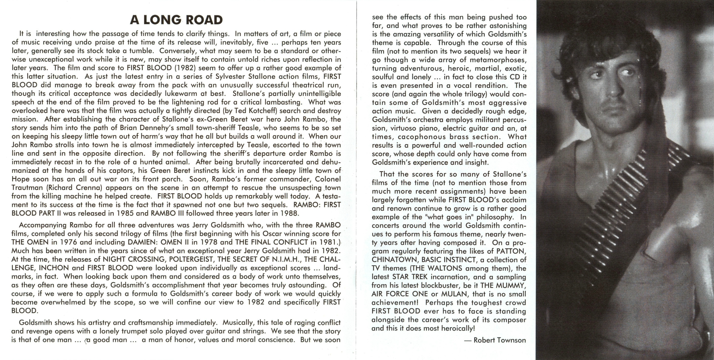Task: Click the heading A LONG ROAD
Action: [x=176, y=20]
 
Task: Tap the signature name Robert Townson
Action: [x=499, y=340]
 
